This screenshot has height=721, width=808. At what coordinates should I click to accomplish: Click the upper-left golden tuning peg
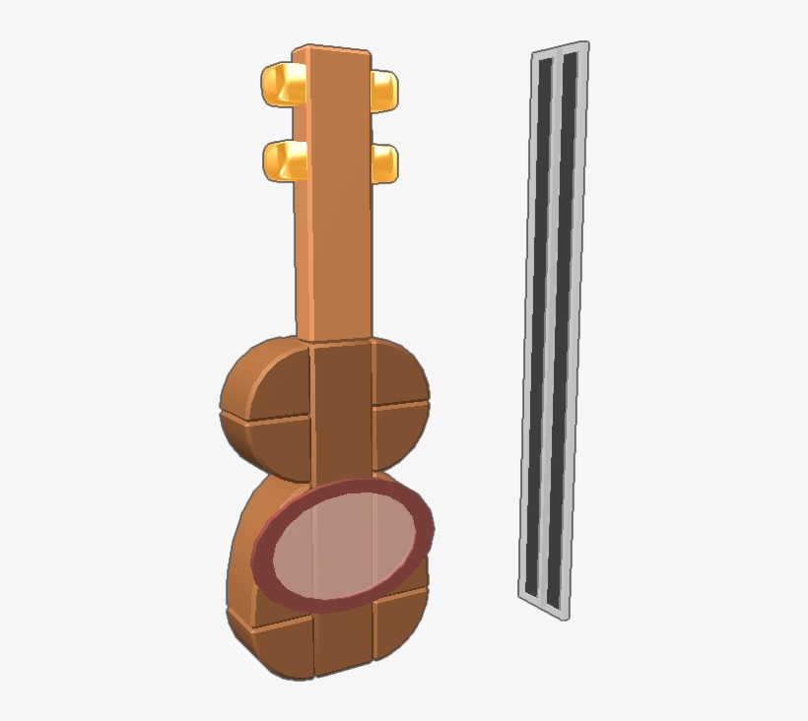click(282, 84)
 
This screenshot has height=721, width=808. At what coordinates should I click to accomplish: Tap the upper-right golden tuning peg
click(384, 91)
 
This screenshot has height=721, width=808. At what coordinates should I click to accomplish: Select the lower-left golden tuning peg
click(284, 161)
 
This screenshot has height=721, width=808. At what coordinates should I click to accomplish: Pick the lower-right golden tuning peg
click(384, 163)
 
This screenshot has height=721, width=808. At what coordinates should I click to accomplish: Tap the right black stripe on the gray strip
click(565, 325)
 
